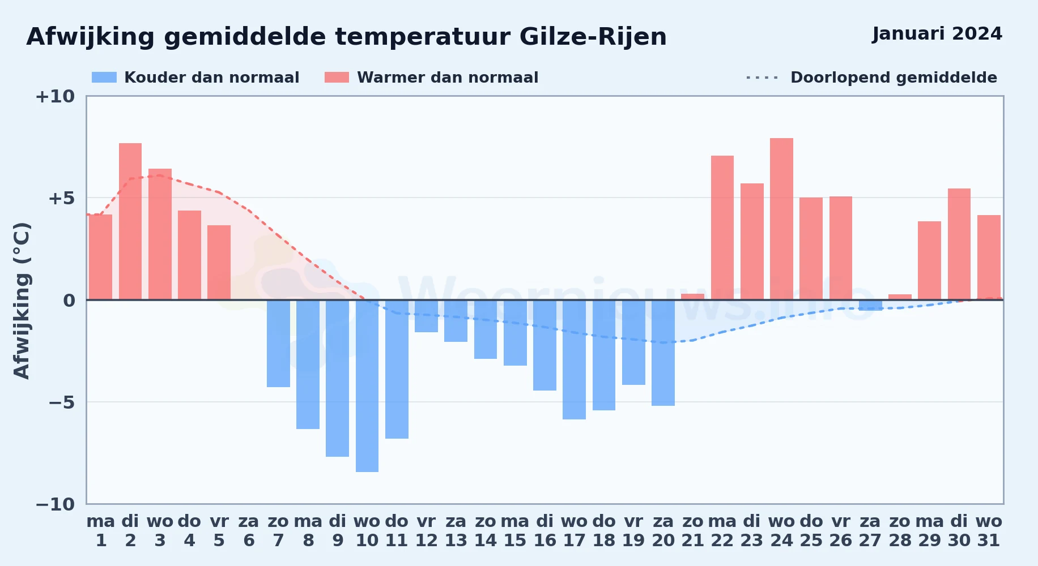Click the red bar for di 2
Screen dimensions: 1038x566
tap(130, 221)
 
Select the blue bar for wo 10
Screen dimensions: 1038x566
tap(367, 385)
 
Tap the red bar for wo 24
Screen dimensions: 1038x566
tap(781, 219)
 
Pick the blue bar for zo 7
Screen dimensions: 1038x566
tap(278, 344)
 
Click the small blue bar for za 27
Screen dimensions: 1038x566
tap(870, 305)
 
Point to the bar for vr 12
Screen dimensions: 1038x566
tap(426, 316)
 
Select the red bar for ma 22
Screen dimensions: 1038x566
tap(722, 228)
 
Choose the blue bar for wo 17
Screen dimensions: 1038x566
tap(574, 359)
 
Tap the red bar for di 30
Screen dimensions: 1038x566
tap(959, 244)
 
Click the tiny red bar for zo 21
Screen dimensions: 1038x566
tap(692, 297)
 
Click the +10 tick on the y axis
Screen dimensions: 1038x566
tap(55, 96)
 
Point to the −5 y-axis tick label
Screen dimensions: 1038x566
tap(61, 402)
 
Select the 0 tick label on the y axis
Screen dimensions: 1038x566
tap(69, 301)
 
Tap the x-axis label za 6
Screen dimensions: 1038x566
tap(249, 531)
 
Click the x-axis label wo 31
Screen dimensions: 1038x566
tap(989, 531)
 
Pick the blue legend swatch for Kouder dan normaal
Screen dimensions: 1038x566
tap(104, 78)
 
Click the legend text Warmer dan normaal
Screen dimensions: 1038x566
tap(448, 78)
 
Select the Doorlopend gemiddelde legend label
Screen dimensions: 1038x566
tap(894, 78)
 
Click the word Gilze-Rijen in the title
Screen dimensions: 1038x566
tap(593, 37)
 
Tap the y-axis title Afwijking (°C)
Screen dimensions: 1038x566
tap(22, 301)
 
